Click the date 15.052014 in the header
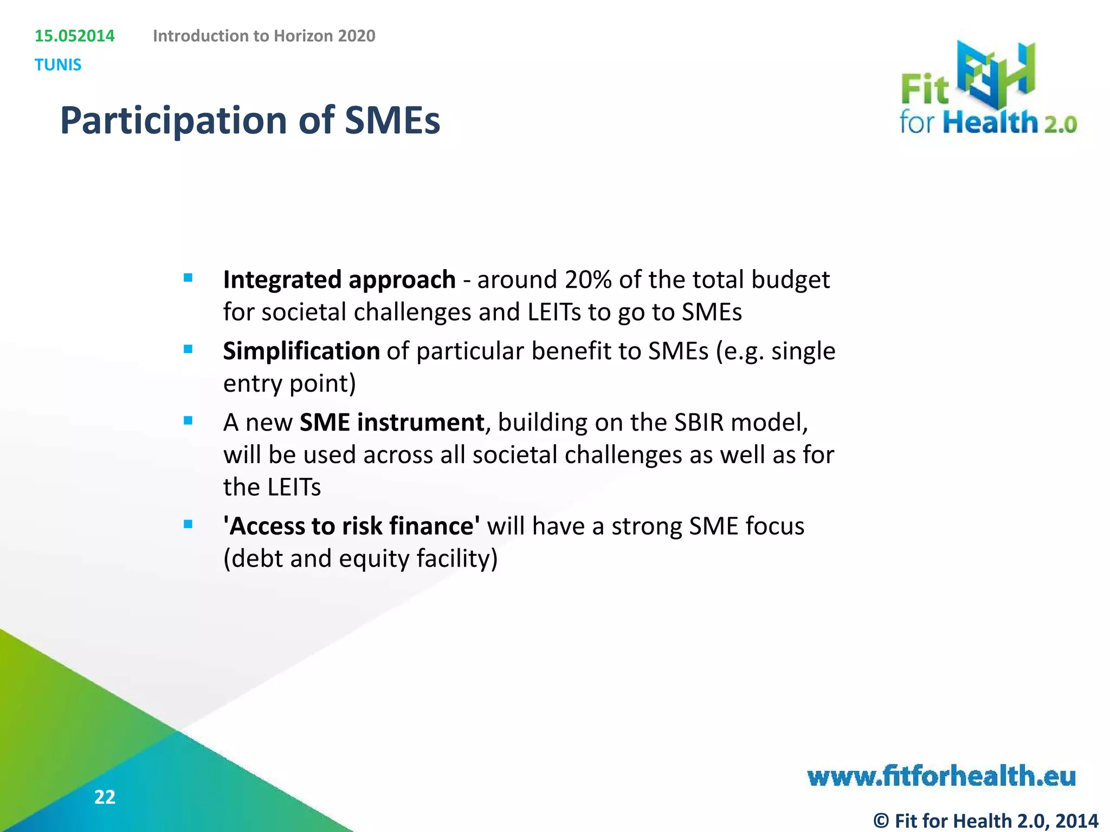(74, 36)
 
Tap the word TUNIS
(58, 64)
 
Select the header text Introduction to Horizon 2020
(264, 36)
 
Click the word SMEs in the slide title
(392, 120)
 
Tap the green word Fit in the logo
(925, 89)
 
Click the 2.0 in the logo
(1060, 125)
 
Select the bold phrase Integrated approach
(339, 279)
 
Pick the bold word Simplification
(301, 351)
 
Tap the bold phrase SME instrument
(392, 422)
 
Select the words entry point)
(289, 383)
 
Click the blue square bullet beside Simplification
(188, 349)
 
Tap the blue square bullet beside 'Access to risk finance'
(188, 524)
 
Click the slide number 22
(105, 797)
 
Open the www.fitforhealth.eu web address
(941, 776)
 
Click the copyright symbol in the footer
(881, 821)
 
